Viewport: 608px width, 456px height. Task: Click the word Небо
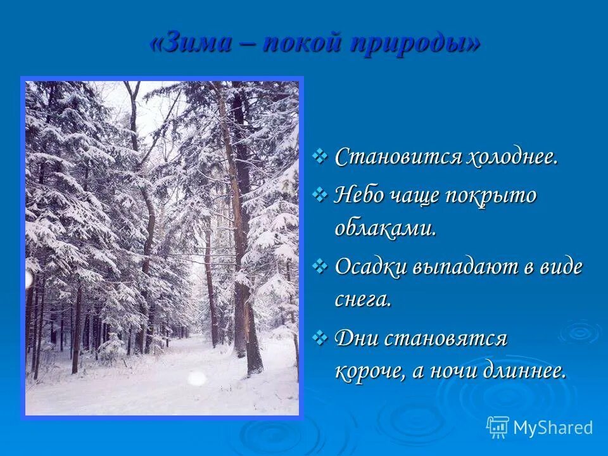(359, 195)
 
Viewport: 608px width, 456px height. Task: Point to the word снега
(363, 298)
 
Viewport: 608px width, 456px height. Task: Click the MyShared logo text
(553, 427)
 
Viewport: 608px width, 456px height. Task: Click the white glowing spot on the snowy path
(197, 378)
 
